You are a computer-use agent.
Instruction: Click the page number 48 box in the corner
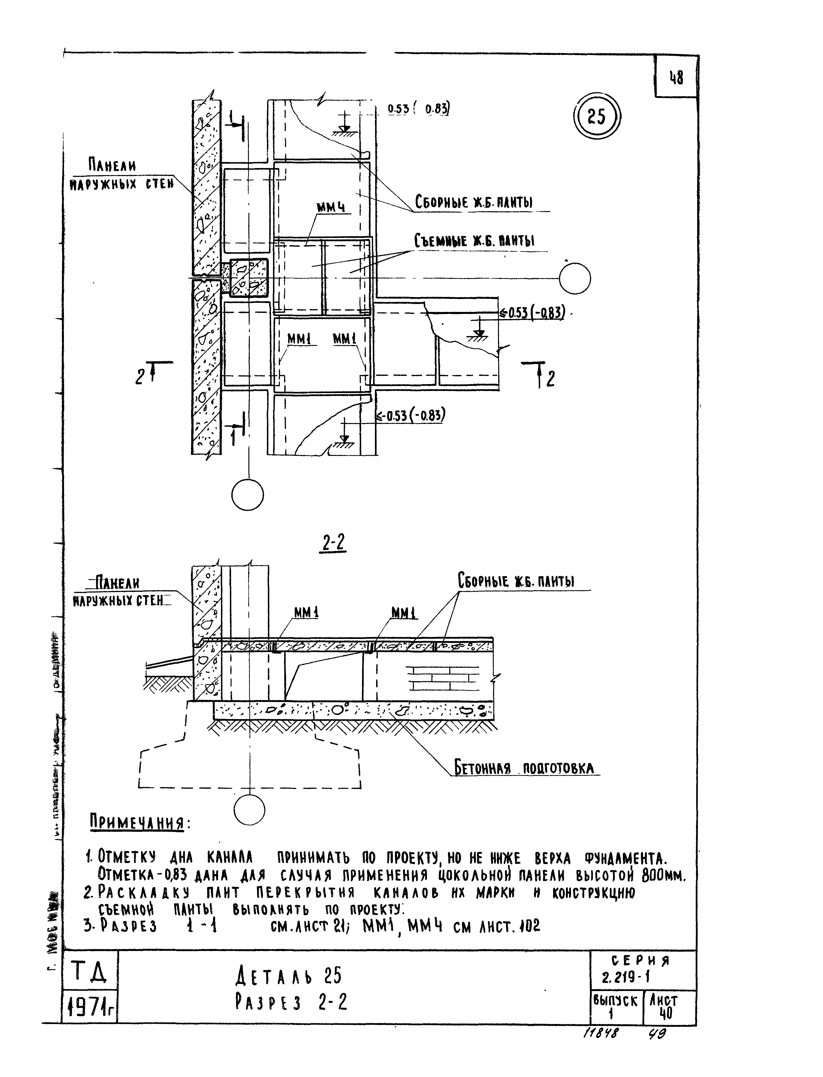(x=676, y=77)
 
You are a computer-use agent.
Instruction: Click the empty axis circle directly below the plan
(x=247, y=495)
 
